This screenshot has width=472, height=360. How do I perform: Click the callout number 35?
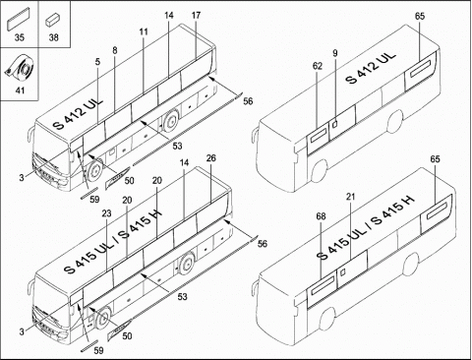point(20,37)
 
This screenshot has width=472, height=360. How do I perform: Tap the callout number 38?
point(54,37)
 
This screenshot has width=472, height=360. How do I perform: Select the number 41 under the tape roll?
point(20,90)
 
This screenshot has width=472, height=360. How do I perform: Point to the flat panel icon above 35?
point(19,20)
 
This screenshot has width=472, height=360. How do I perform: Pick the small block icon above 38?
point(52,20)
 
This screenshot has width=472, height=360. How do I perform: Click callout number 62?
point(318,66)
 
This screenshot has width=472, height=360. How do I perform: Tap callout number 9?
point(335,53)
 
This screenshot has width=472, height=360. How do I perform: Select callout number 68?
point(321,216)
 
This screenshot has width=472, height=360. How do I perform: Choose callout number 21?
point(351,197)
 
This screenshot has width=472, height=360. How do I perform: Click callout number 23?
point(106,213)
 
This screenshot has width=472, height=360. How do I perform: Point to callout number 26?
point(211,158)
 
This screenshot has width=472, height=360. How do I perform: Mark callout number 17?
point(196,15)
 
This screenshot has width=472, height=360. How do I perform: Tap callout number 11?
point(144,31)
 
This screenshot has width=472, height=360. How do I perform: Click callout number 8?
point(115,50)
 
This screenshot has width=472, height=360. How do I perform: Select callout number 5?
point(98,62)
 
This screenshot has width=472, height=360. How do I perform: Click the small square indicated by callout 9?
point(335,124)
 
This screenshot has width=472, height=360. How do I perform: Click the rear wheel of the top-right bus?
point(394,122)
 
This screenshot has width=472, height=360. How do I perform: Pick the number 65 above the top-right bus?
point(420,16)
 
